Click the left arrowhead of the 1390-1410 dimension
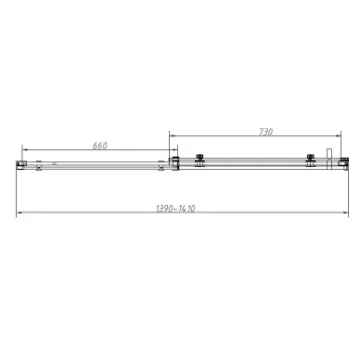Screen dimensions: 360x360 click(19, 215)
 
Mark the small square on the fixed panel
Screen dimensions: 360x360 click(55, 164)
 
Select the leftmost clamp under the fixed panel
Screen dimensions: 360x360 click(40, 168)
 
